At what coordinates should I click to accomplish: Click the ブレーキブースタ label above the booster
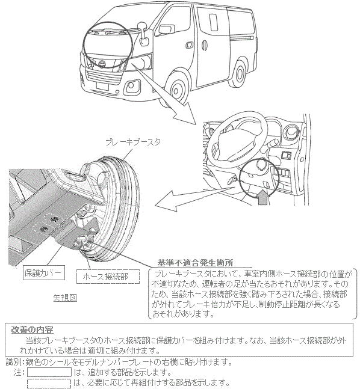coord(133,142)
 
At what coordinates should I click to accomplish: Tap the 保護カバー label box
coord(43,272)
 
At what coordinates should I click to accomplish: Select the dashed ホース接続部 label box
coord(108,277)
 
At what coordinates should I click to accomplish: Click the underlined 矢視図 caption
coord(65,298)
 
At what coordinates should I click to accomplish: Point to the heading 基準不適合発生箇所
coord(195,263)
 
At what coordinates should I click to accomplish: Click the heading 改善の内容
coord(33,329)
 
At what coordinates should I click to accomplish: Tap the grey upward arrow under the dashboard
coord(263,197)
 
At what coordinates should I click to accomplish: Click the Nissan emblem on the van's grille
coord(101,64)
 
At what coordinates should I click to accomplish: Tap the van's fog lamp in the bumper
coord(131,85)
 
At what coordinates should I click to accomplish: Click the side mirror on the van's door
coord(143,34)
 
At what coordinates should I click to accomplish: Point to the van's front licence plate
coord(102,87)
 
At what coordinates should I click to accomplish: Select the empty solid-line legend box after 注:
coord(49,372)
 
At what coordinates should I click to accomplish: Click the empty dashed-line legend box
coord(49,384)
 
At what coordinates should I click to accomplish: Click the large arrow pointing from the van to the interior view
coord(164,93)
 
